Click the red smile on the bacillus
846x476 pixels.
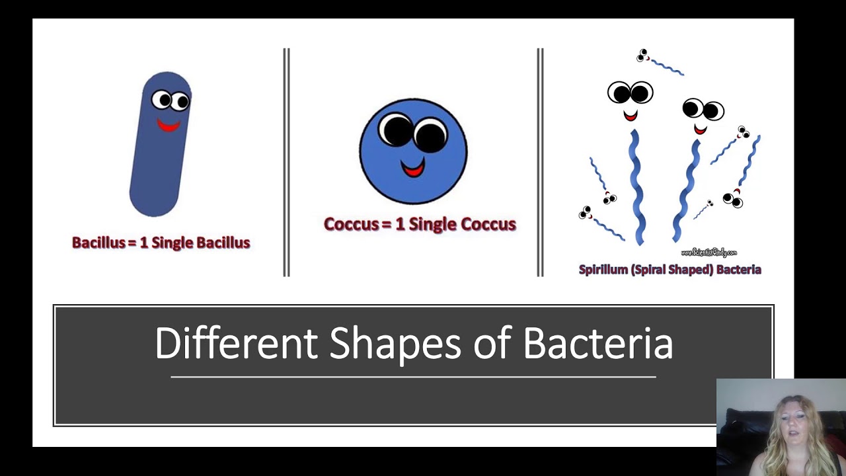(x=168, y=125)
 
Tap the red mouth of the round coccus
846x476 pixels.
(x=413, y=170)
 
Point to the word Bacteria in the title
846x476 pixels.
(x=598, y=343)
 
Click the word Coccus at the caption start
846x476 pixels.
(x=351, y=224)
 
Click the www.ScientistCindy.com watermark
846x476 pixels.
(x=708, y=253)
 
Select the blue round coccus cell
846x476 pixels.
(x=413, y=151)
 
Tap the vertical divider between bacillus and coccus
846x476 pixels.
(x=286, y=162)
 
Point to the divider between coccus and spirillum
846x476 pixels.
(x=540, y=162)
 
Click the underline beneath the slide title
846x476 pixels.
(x=413, y=377)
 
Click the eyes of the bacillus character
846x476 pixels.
(x=171, y=100)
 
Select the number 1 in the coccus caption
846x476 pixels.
(x=400, y=224)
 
